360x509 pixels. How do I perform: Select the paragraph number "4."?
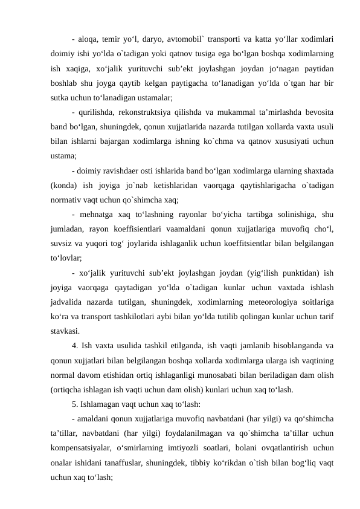[75, 346]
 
